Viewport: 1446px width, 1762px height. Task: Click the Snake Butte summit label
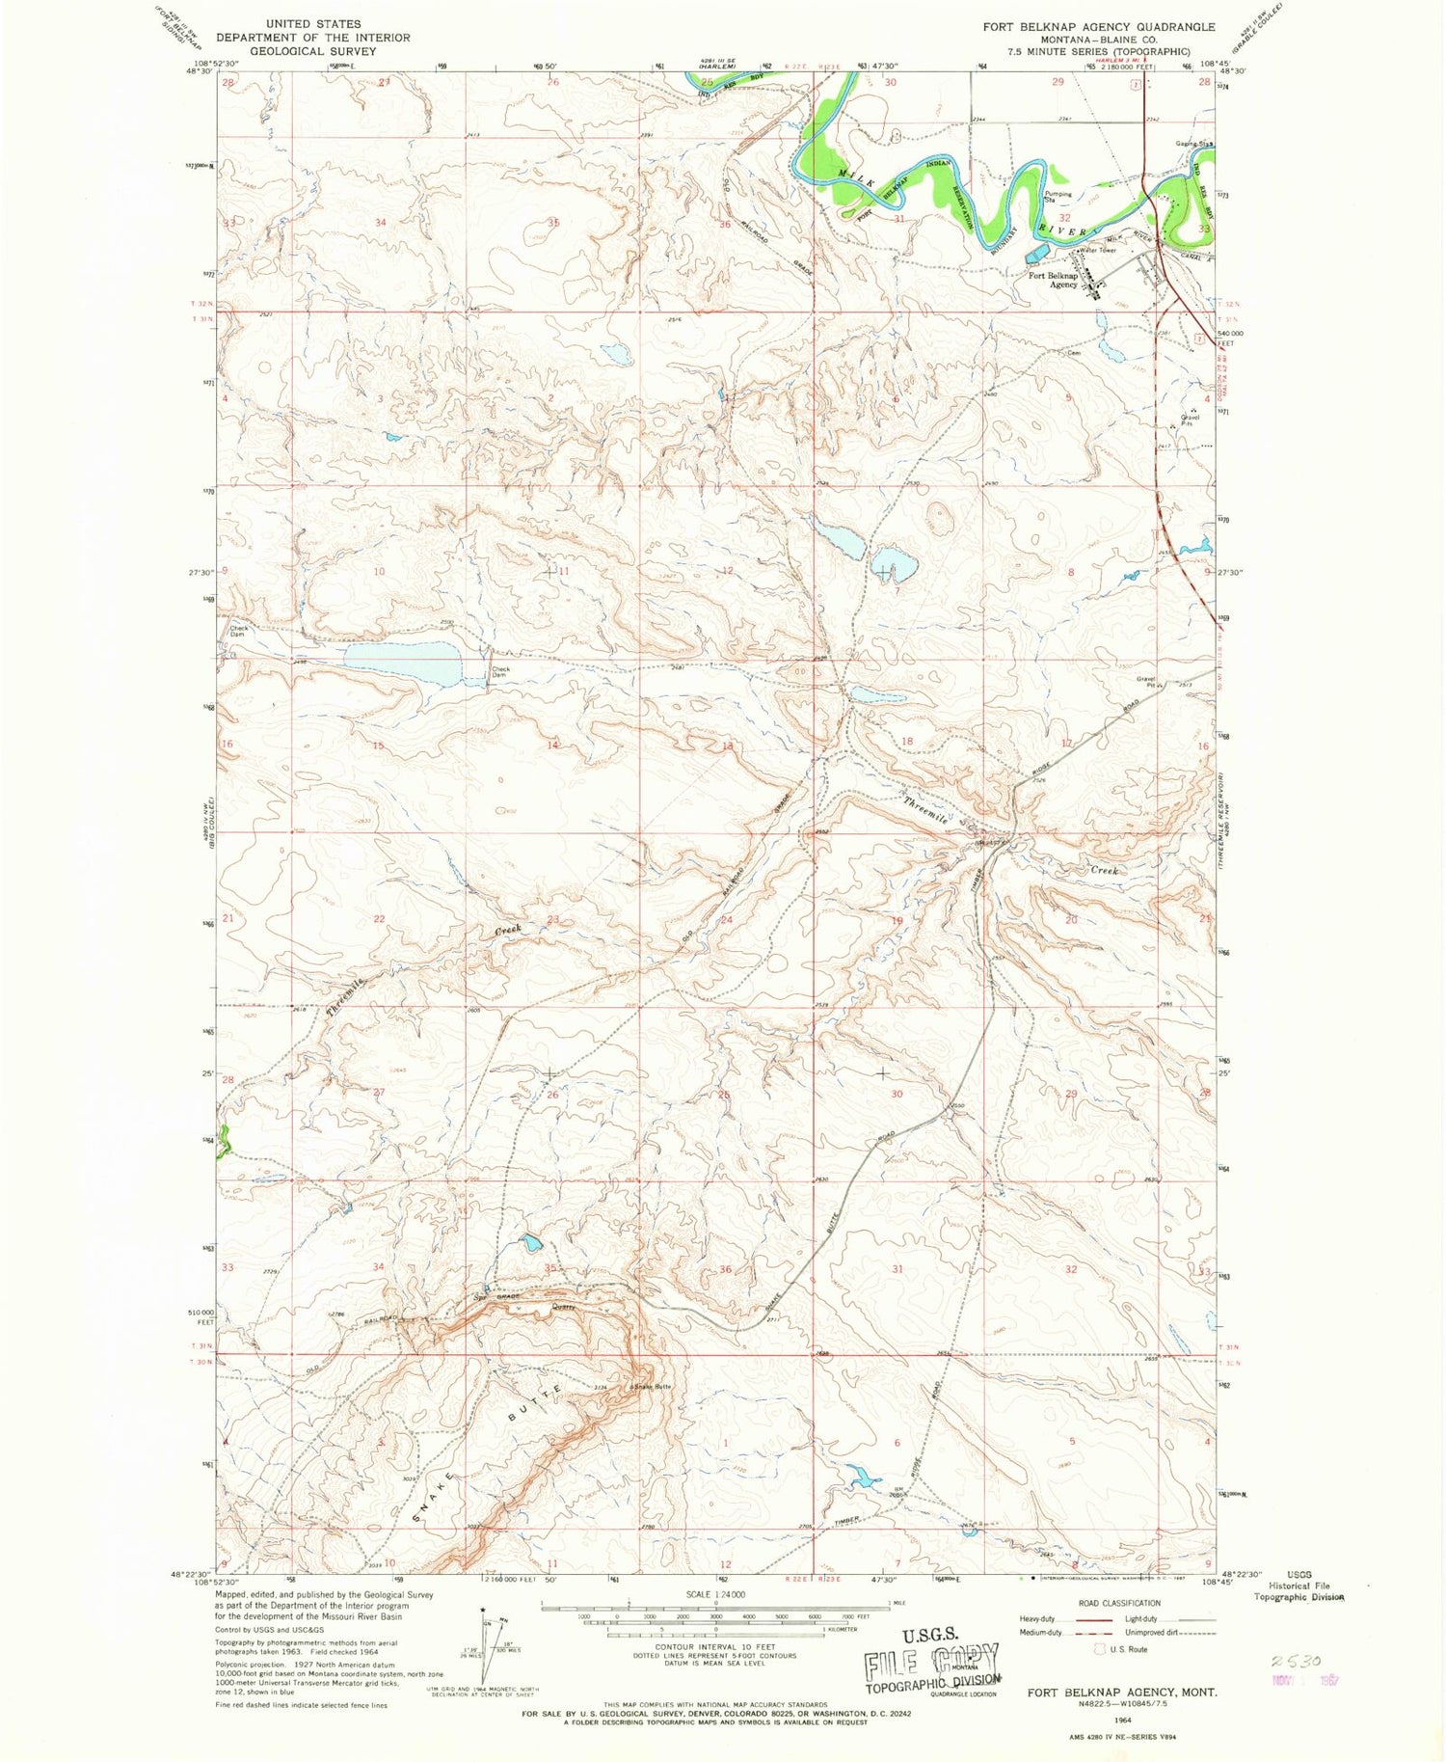click(x=652, y=1387)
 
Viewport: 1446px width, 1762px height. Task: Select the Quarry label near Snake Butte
click(x=563, y=1307)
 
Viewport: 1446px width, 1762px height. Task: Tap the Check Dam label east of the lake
click(x=500, y=671)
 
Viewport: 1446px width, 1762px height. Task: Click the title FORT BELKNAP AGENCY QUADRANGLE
click(x=1098, y=27)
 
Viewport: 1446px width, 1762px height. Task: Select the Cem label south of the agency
click(x=1073, y=353)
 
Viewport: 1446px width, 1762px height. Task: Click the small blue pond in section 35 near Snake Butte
click(x=530, y=1243)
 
